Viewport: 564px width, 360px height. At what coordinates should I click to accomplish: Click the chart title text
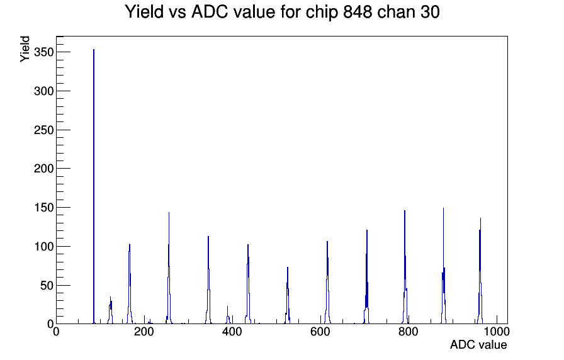282,12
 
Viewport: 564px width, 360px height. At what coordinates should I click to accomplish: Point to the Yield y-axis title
25,48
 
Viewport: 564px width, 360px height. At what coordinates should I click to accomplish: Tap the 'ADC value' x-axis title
478,345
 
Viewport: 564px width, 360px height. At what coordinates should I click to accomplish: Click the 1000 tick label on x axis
497,333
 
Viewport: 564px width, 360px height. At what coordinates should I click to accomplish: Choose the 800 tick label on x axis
408,333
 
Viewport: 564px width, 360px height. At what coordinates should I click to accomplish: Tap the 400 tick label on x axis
232,333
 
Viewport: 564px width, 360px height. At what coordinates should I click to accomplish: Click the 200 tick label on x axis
144,333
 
